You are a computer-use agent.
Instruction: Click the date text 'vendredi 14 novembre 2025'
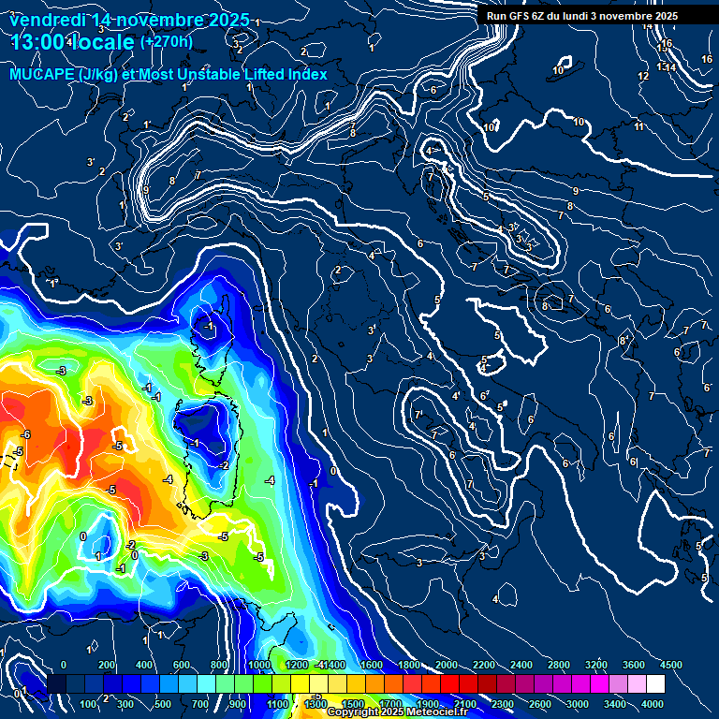(x=129, y=20)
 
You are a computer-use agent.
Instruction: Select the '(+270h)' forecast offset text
(x=167, y=41)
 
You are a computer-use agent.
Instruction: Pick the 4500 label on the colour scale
(x=671, y=664)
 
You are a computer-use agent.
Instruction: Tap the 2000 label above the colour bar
(x=447, y=664)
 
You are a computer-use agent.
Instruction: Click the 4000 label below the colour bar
(x=653, y=703)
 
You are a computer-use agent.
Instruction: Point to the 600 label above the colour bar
(x=182, y=664)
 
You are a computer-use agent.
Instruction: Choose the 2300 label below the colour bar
(x=503, y=703)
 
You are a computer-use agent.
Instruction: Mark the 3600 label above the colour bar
(x=634, y=664)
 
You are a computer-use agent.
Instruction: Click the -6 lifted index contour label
(x=26, y=434)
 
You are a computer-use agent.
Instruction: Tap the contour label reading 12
(x=643, y=76)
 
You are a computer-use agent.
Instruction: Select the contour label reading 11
(x=639, y=126)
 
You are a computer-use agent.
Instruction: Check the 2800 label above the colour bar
(x=559, y=664)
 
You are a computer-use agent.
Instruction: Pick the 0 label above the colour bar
(x=64, y=664)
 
